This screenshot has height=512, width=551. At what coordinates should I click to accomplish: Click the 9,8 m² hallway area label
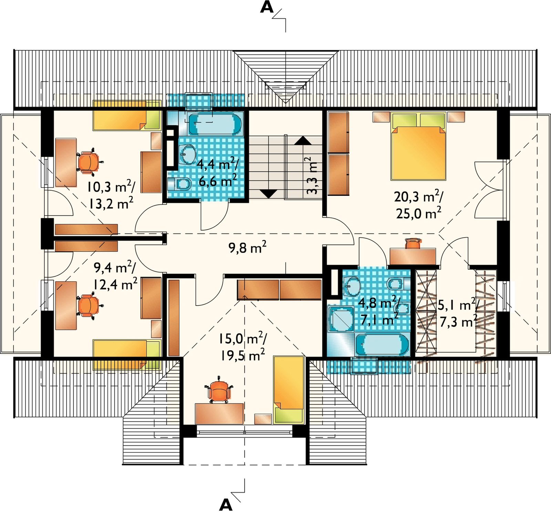pyautogui.click(x=247, y=247)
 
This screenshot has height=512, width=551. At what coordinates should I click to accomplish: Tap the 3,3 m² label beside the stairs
pyautogui.click(x=311, y=175)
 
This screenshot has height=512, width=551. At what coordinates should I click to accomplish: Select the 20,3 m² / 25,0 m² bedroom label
pyautogui.click(x=419, y=205)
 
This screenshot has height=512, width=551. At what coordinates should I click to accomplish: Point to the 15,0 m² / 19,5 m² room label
pyautogui.click(x=243, y=346)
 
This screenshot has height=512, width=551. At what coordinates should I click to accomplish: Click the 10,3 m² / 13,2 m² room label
pyautogui.click(x=111, y=195)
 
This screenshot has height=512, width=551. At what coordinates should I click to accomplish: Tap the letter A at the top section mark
pyautogui.click(x=267, y=7)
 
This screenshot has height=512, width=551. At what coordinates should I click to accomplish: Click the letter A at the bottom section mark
pyautogui.click(x=226, y=505)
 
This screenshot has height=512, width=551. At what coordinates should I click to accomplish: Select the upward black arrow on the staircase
pyautogui.click(x=303, y=140)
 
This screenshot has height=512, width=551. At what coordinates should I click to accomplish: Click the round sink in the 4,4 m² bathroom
pyautogui.click(x=187, y=154)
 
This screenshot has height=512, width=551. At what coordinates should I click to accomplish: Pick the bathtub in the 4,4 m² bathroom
pyautogui.click(x=215, y=124)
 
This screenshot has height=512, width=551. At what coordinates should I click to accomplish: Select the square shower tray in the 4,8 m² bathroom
pyautogui.click(x=341, y=319)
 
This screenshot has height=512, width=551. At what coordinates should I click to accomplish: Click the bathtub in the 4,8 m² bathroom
pyautogui.click(x=382, y=344)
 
